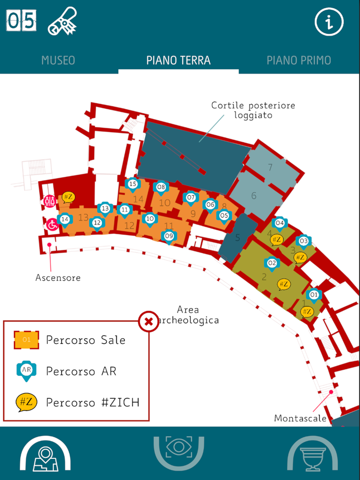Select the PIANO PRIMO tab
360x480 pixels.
click(298, 60)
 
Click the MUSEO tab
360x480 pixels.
click(58, 60)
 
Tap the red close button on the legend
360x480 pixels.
click(149, 322)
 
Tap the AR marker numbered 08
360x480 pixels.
click(161, 188)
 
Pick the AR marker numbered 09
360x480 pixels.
click(169, 236)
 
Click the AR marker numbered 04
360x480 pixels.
click(279, 224)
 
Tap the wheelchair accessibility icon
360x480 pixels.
click(52, 225)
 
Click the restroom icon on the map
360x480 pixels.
click(49, 201)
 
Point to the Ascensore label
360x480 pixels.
click(58, 278)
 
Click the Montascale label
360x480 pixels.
click(300, 418)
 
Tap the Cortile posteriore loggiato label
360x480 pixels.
click(253, 110)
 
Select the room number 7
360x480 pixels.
click(270, 167)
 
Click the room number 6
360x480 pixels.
click(254, 196)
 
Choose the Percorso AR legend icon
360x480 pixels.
click(26, 371)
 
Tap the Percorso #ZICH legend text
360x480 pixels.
click(93, 402)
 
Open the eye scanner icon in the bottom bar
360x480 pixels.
click(179, 447)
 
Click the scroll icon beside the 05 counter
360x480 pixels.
click(62, 22)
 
